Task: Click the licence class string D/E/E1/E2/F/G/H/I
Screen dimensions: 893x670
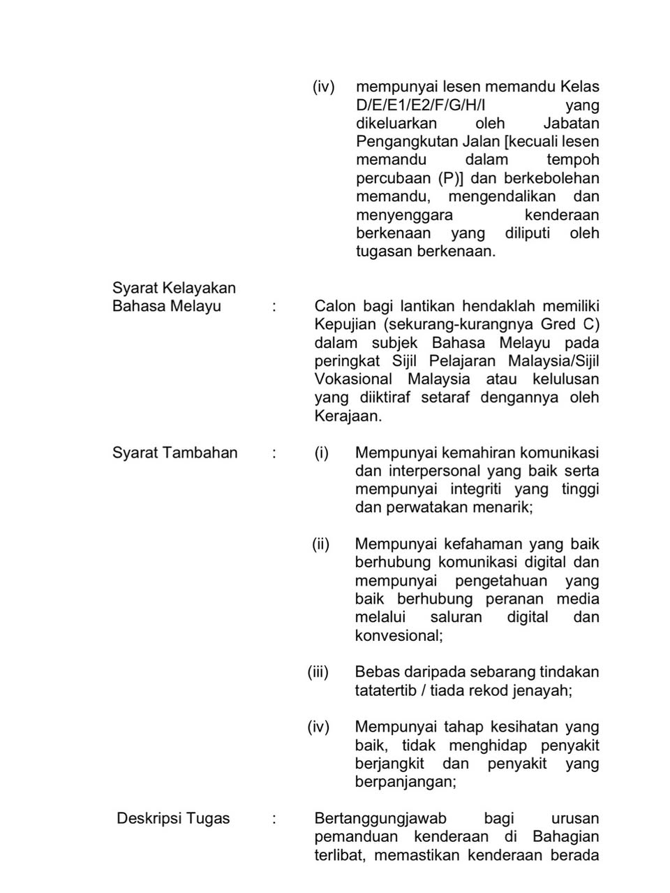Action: click(x=420, y=106)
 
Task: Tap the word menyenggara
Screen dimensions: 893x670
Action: click(x=404, y=215)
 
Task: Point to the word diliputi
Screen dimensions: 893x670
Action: click(x=528, y=233)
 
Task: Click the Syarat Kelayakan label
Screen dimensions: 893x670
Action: click(x=174, y=288)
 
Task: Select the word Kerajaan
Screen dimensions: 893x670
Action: click(x=347, y=415)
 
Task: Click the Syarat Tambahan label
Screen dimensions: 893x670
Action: click(x=174, y=453)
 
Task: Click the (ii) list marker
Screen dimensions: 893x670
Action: click(x=320, y=544)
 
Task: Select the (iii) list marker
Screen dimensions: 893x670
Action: click(x=318, y=671)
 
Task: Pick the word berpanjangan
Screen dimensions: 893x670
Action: click(x=404, y=781)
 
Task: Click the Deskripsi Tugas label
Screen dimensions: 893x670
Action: click(x=173, y=818)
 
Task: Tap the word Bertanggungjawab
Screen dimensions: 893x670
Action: click(x=380, y=818)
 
